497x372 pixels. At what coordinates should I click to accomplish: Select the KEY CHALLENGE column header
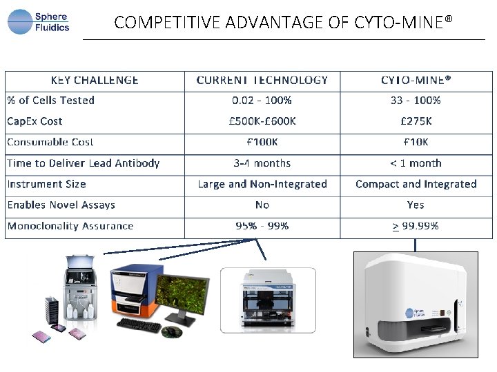(x=95, y=80)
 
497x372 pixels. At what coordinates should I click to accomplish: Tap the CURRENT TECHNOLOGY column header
(x=262, y=80)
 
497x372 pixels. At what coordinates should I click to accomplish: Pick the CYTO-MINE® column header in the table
(x=416, y=80)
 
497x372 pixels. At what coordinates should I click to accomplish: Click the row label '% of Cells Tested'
(x=51, y=101)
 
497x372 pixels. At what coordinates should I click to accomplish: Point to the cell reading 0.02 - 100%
(x=262, y=101)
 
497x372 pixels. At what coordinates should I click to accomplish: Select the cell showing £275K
(x=416, y=121)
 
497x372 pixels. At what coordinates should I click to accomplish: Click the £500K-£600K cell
(x=262, y=121)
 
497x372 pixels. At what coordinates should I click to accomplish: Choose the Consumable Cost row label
(x=50, y=143)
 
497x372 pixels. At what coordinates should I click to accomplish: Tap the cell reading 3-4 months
(x=262, y=163)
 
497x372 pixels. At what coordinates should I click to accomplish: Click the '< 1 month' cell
(x=416, y=163)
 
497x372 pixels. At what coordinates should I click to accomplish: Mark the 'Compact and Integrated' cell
(x=416, y=184)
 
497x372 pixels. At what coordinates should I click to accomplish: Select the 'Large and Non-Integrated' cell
(x=262, y=184)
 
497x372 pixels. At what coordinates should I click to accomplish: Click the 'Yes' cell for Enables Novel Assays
(x=416, y=205)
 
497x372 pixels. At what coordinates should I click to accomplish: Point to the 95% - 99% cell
(x=262, y=226)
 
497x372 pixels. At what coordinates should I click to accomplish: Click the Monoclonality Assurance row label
(x=70, y=226)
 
